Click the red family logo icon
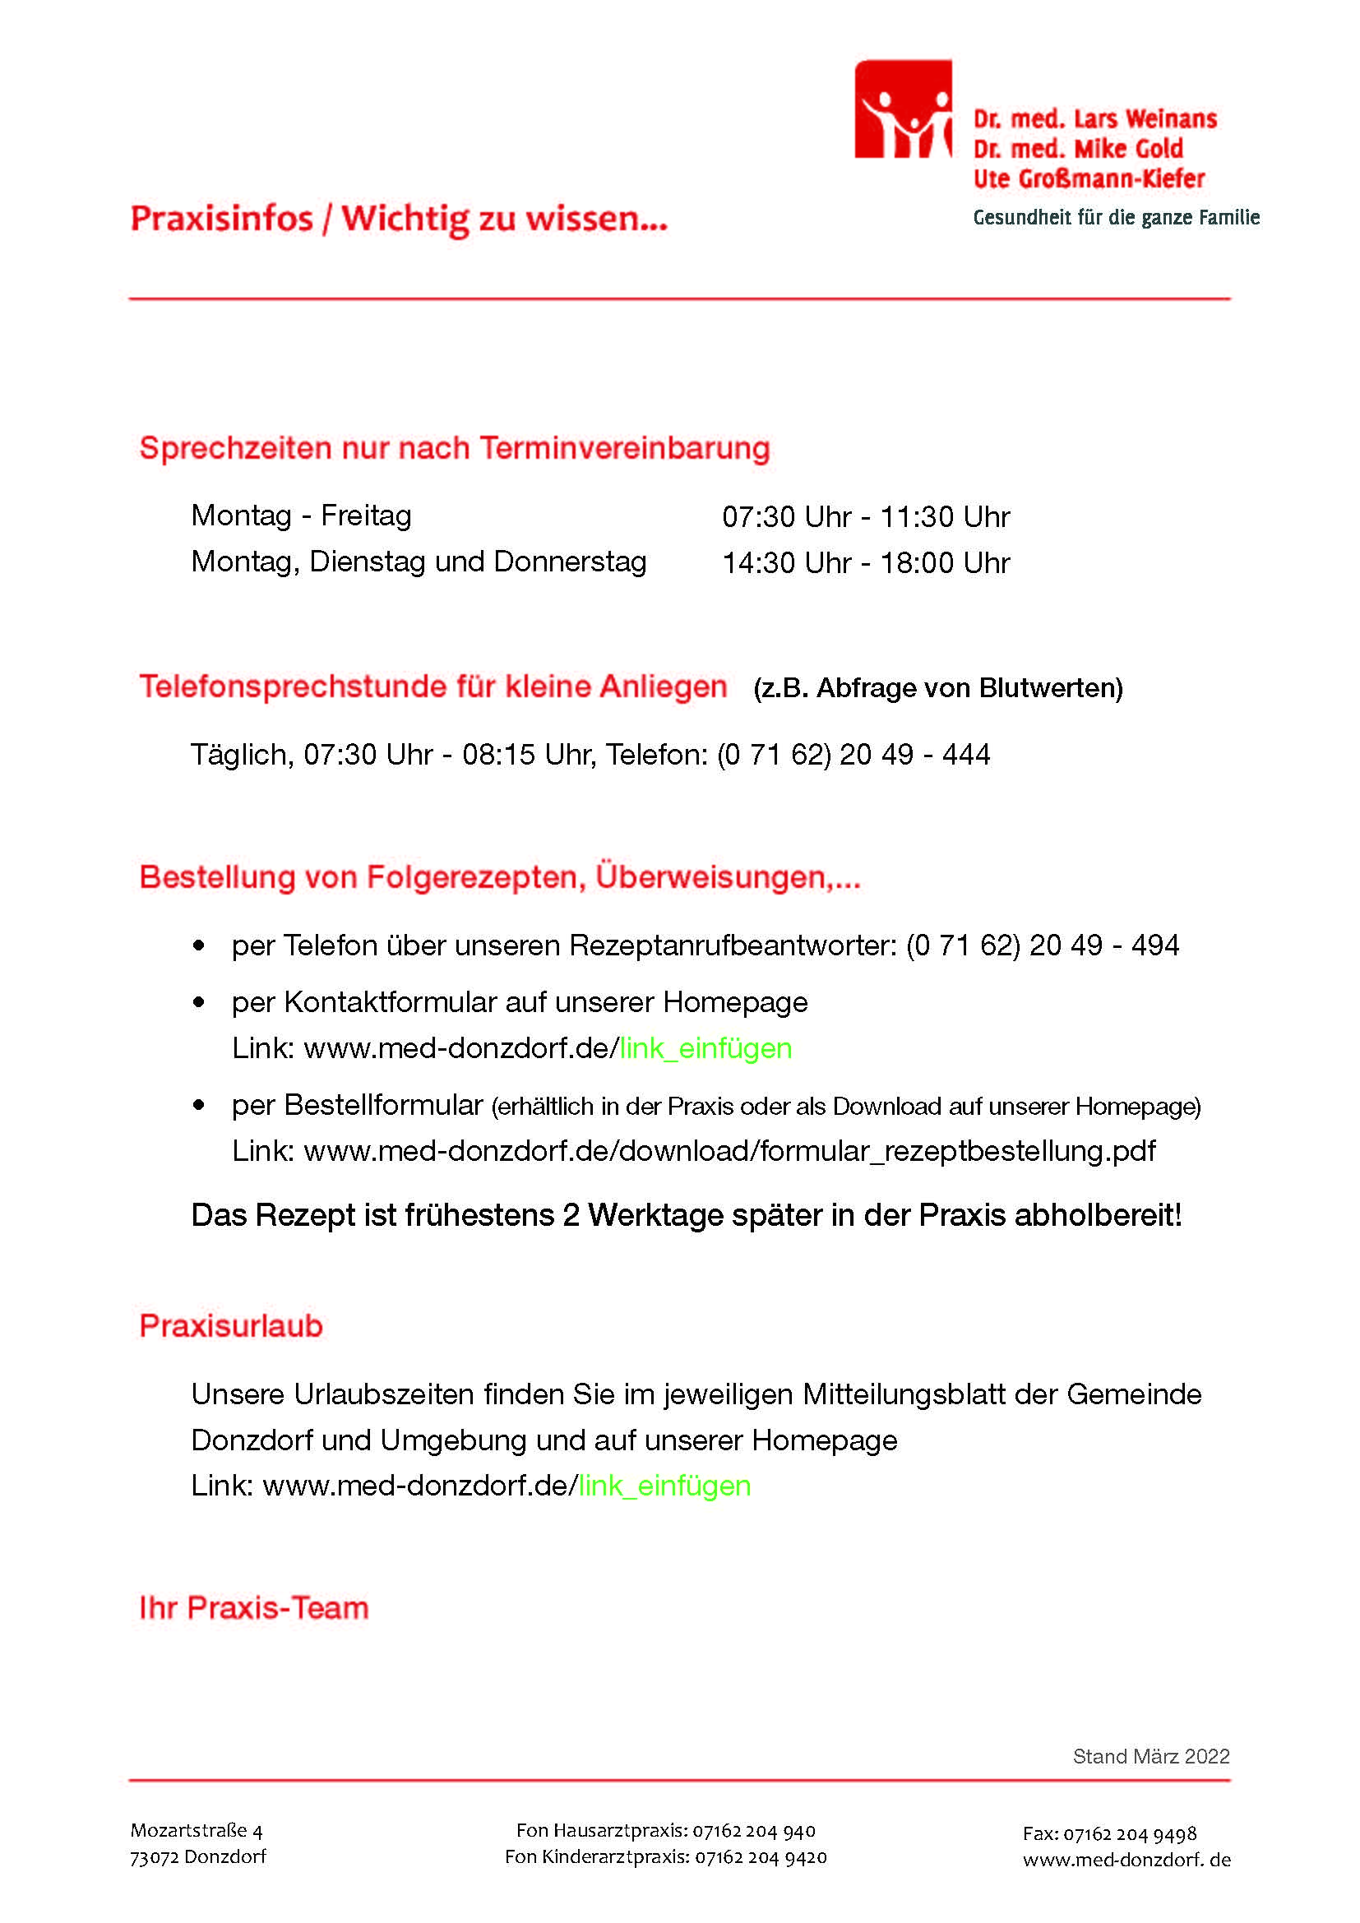coord(903,109)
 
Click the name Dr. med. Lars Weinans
coord(1094,119)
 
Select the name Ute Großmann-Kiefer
coord(1088,178)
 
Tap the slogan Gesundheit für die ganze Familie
coord(1116,218)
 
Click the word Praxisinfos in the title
coord(221,219)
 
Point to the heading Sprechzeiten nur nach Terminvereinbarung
coord(454,448)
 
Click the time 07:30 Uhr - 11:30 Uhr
coord(866,517)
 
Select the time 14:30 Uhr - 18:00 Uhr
coord(866,563)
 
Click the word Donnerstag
coord(570,562)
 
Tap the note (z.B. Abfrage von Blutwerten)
coord(938,687)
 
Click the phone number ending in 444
coord(853,755)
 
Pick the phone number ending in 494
coord(1043,945)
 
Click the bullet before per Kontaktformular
coord(198,1002)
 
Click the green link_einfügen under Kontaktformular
coord(705,1048)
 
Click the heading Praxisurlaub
coord(231,1326)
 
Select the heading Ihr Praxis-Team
coord(254,1608)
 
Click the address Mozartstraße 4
coord(197,1831)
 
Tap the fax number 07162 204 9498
coord(1129,1834)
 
